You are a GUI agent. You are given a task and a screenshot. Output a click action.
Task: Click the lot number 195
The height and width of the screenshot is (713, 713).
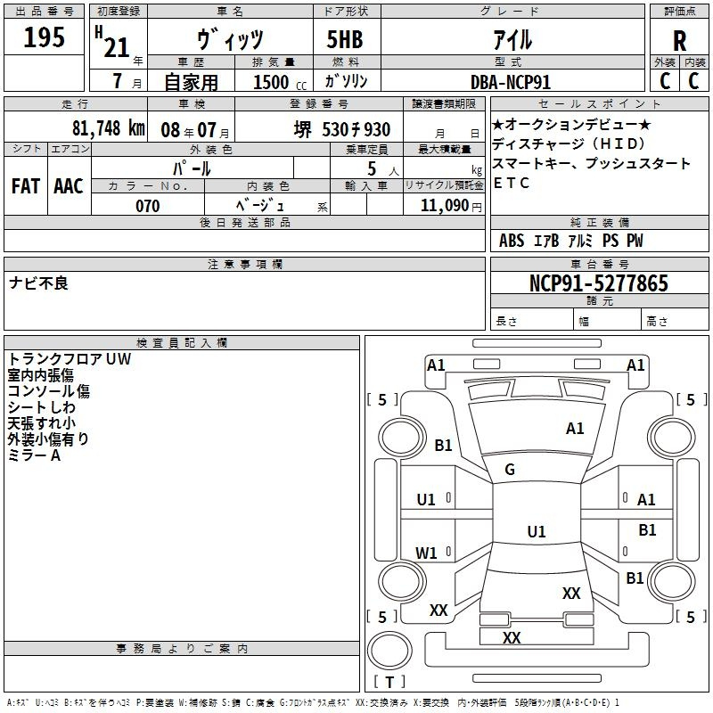coord(44,37)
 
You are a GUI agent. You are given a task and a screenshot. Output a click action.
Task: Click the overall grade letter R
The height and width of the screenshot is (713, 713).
coord(679,41)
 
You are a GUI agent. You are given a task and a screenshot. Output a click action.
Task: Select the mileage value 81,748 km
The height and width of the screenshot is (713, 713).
coord(109,128)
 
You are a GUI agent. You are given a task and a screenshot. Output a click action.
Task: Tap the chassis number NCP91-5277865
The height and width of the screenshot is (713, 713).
coord(599,283)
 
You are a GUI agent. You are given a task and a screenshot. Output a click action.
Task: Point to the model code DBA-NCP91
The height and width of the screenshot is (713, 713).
coord(511,82)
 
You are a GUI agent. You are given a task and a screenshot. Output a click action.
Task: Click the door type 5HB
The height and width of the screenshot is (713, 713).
coord(345,39)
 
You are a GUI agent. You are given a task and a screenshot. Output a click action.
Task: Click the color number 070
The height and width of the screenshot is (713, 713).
coord(147,206)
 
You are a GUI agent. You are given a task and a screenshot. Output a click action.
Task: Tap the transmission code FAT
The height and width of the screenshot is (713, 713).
coord(26,186)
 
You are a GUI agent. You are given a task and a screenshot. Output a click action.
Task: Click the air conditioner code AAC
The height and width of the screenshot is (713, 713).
coord(69,186)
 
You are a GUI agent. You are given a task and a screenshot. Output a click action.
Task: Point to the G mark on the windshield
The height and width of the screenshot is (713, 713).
coord(510,470)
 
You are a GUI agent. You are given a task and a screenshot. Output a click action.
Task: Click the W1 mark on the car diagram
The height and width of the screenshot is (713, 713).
coord(426,553)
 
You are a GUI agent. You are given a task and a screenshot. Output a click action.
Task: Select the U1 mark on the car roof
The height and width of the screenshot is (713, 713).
coord(537,531)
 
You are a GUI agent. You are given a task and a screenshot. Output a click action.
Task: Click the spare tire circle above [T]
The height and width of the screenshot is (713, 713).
coord(389,651)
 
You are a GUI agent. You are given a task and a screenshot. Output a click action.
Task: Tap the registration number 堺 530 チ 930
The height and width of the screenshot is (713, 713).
coord(342,129)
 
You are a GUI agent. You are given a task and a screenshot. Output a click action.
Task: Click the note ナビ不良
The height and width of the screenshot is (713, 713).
coord(38,283)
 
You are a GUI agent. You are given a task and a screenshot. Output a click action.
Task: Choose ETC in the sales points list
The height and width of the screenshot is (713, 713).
coord(511,183)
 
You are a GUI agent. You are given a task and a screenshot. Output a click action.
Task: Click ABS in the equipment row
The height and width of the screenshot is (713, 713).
coord(512,241)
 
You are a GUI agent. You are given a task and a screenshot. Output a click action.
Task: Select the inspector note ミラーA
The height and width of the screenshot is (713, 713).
coord(34,455)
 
